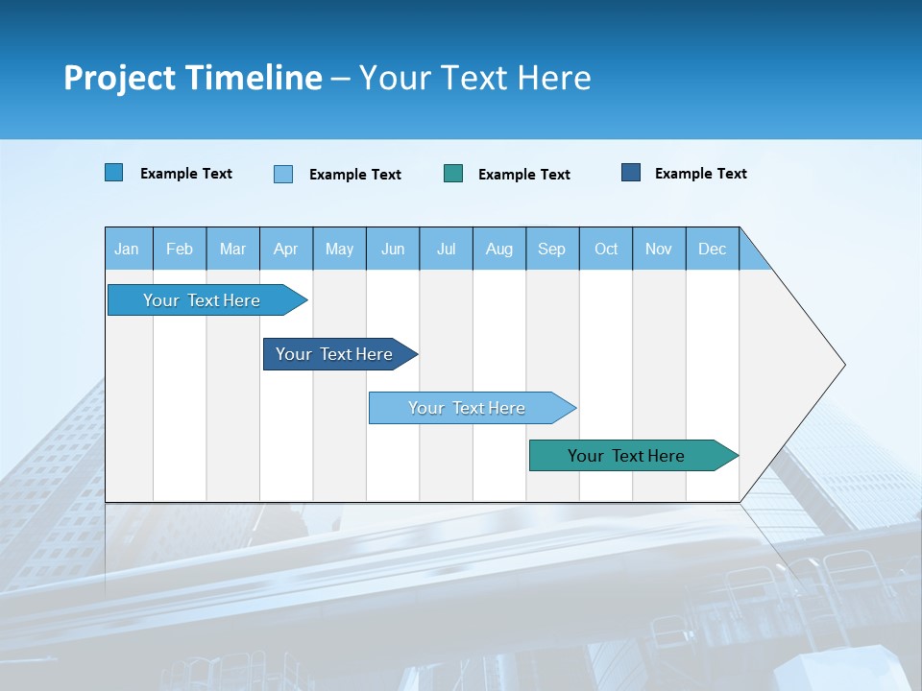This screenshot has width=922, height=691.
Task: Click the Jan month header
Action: [x=127, y=249]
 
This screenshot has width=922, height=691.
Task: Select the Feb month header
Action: [x=180, y=249]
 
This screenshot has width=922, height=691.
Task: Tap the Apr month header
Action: [x=286, y=249]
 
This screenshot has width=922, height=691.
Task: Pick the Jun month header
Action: [x=393, y=249]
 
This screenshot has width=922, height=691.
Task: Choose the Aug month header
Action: [x=499, y=249]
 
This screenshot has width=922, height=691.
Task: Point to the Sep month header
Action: [x=552, y=249]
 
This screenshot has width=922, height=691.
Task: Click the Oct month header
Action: [x=606, y=249]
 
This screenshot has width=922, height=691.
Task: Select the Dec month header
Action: [x=713, y=249]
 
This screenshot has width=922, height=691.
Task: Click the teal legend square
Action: [x=453, y=173]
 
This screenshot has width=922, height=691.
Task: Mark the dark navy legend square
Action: [x=631, y=173]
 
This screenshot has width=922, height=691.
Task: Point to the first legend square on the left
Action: [x=114, y=173]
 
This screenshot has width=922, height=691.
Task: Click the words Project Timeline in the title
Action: [x=192, y=78]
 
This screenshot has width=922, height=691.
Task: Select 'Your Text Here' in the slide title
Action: [x=475, y=78]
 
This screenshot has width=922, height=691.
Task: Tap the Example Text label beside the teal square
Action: [x=524, y=175]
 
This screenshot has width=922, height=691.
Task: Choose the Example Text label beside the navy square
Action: [x=701, y=174]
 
